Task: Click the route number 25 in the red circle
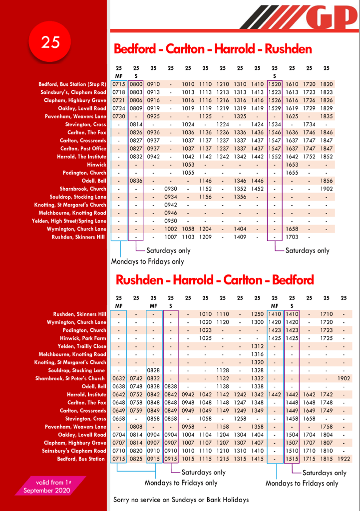tap(50, 43)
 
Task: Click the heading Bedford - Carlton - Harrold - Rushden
tap(213, 49)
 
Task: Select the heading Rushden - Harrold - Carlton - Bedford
tap(215, 279)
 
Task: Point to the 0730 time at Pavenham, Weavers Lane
tap(119, 116)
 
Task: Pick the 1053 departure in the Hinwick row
tap(188, 165)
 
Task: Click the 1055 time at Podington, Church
tap(188, 173)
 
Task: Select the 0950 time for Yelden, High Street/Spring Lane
tap(170, 221)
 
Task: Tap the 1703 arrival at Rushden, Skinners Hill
tap(292, 237)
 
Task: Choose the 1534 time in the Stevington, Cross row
tap(274, 124)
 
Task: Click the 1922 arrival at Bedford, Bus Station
tap(344, 459)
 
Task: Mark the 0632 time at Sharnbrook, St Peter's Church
tap(119, 379)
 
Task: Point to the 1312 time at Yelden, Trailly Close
tap(258, 346)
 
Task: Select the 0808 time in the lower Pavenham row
tap(136, 427)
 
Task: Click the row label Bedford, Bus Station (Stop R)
tap(72, 84)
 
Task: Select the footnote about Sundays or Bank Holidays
tap(181, 500)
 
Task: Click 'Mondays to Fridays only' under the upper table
tap(147, 261)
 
